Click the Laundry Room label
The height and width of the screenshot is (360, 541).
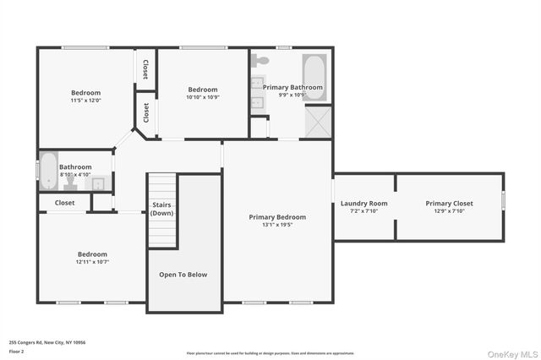coord(364,203)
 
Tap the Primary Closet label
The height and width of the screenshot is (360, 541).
coord(449,203)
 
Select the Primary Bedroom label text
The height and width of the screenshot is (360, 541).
coord(277,217)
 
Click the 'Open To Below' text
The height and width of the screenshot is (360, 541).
coord(183,275)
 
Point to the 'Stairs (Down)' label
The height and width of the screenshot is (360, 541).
coord(162,209)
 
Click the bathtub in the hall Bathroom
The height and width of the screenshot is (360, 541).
coord(48,172)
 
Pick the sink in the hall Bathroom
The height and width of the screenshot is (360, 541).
coord(98,183)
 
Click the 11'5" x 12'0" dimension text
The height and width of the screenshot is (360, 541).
coord(85,101)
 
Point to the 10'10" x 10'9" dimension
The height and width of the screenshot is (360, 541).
coord(203,98)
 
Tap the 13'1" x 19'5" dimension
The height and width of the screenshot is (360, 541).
coord(277,226)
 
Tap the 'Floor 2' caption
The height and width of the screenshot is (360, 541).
coord(17,350)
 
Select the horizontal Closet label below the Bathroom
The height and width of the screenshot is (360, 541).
coord(65,203)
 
